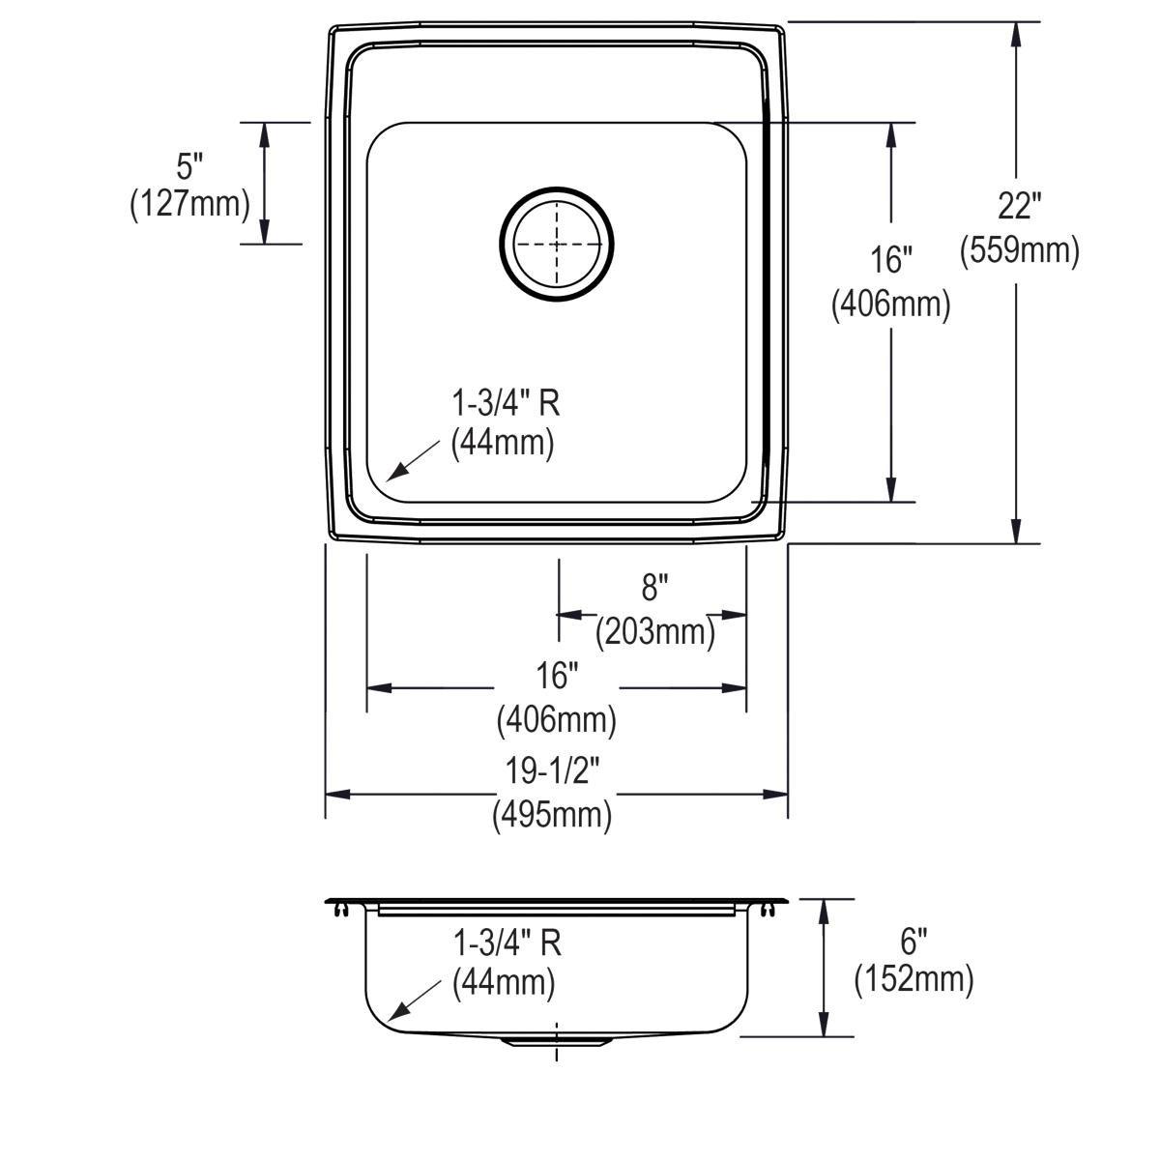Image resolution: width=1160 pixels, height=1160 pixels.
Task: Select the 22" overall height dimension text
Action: click(1019, 205)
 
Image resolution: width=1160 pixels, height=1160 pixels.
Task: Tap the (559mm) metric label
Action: click(1019, 251)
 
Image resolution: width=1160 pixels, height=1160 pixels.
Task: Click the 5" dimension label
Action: click(189, 166)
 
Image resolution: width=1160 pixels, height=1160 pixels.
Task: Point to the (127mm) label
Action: click(189, 204)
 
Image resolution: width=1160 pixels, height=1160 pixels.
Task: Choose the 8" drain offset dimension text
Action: click(654, 587)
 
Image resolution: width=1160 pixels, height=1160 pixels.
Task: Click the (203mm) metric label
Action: click(654, 632)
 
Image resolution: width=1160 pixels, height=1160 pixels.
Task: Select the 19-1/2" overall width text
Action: click(553, 770)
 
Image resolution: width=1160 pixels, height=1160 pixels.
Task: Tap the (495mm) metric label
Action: click(553, 816)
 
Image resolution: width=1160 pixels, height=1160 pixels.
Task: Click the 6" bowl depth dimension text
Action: click(913, 937)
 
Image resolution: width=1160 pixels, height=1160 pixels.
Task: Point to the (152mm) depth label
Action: click(913, 980)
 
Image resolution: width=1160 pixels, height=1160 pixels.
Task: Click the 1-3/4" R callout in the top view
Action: click(506, 402)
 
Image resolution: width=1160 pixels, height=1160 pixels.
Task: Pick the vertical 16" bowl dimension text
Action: click(890, 259)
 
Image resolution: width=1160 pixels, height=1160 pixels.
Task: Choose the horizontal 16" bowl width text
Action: click(557, 674)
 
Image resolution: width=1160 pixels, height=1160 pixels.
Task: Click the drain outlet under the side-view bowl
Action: click(557, 1040)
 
